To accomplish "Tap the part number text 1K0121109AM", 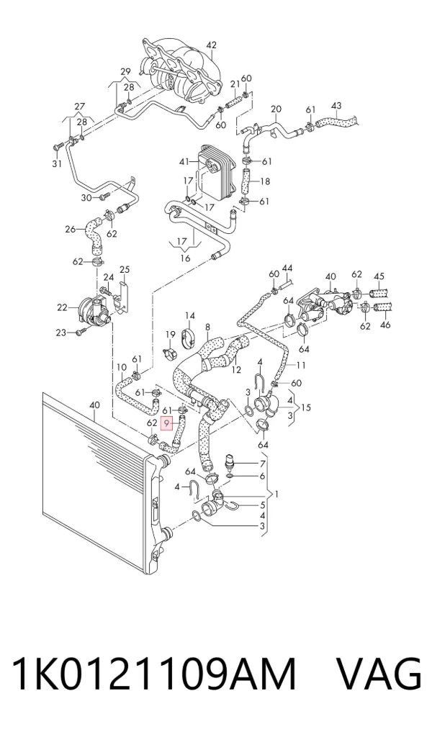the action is coord(153,674).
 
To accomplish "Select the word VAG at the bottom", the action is coord(379,674).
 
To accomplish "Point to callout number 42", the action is coord(212,45).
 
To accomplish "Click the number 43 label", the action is coord(336,106).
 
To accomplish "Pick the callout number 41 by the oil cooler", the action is coord(185,162).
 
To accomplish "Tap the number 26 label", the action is coord(70,229).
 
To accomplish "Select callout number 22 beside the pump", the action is coord(63,307).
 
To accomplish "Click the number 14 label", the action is coord(189,316).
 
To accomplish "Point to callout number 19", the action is coord(170,334).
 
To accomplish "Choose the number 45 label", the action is coord(379,277).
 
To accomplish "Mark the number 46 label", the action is coord(385,325).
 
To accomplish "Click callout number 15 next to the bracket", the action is coord(306,407).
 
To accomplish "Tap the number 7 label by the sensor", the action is coord(263,464).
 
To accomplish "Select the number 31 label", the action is coord(56,164).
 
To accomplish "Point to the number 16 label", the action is coord(186,258).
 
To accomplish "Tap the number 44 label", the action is coord(287,268).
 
